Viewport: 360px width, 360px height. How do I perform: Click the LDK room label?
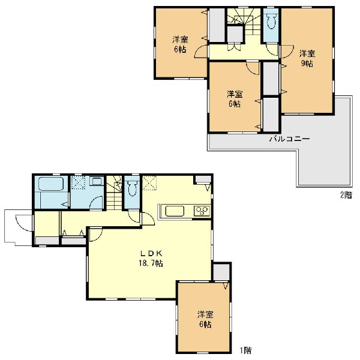(151, 253)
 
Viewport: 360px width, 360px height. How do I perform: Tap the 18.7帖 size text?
(151, 263)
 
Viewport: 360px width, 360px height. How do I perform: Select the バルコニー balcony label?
(290, 139)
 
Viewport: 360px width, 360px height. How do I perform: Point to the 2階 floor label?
(346, 195)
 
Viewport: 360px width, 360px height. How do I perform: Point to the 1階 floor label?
(245, 350)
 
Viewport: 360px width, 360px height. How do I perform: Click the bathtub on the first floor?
(52, 184)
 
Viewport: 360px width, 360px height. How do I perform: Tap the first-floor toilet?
(132, 188)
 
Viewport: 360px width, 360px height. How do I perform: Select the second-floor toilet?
(271, 22)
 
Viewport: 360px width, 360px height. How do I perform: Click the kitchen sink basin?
(175, 211)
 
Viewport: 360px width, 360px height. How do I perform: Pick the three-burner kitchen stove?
(202, 211)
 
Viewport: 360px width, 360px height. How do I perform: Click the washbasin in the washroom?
(97, 181)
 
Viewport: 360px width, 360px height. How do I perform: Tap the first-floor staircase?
(114, 193)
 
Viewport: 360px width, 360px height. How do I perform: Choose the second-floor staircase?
(244, 22)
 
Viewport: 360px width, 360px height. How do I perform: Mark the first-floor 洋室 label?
(205, 314)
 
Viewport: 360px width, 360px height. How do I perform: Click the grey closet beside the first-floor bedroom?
(221, 272)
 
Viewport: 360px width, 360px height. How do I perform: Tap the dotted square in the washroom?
(78, 182)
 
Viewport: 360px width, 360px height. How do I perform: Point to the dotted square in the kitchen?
(149, 183)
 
